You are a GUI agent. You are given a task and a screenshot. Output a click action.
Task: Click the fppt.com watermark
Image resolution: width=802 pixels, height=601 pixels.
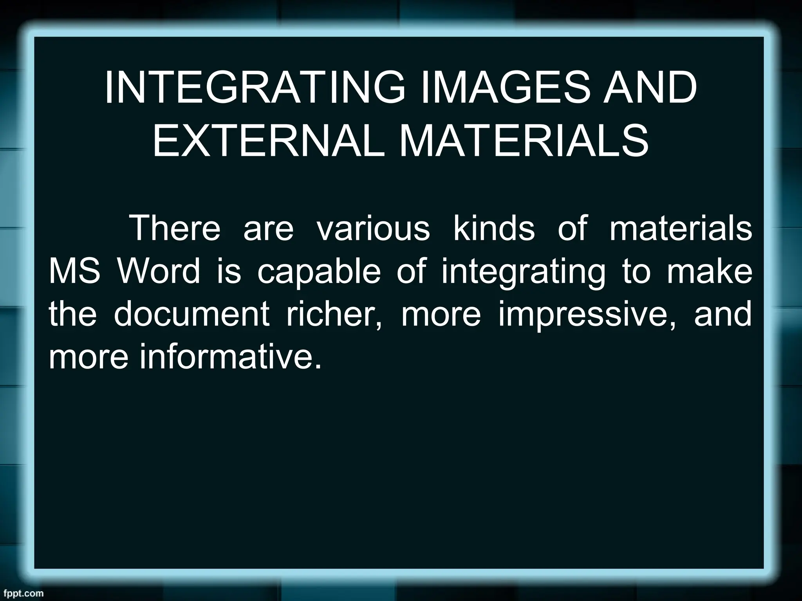[22, 593]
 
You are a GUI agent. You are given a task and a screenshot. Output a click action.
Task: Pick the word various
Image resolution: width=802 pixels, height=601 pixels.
[373, 228]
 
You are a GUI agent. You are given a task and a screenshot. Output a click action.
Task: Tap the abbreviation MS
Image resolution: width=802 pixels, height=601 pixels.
[74, 271]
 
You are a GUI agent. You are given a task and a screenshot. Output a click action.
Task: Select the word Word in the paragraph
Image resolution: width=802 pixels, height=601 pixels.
[158, 271]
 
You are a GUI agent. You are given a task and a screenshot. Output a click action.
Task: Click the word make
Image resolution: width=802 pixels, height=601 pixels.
[709, 271]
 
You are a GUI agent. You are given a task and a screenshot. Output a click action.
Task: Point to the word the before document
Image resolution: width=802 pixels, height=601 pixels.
[72, 314]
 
